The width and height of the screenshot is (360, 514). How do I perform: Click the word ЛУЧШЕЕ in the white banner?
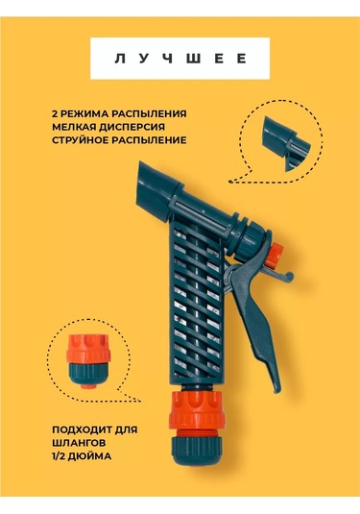[x=180, y=59]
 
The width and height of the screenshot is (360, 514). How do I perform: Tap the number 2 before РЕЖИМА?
[x=55, y=113]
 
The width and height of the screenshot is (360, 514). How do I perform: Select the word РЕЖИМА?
[x=84, y=113]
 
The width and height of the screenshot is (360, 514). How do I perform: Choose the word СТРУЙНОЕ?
[x=81, y=140]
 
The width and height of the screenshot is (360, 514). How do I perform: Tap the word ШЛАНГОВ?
[x=79, y=443]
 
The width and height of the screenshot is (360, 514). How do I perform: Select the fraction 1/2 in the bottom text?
[x=59, y=456]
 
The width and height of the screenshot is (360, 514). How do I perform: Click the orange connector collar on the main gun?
[x=197, y=409]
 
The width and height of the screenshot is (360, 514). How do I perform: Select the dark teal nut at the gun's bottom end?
[x=197, y=451]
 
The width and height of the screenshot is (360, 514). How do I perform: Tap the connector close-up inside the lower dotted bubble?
[x=86, y=360]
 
